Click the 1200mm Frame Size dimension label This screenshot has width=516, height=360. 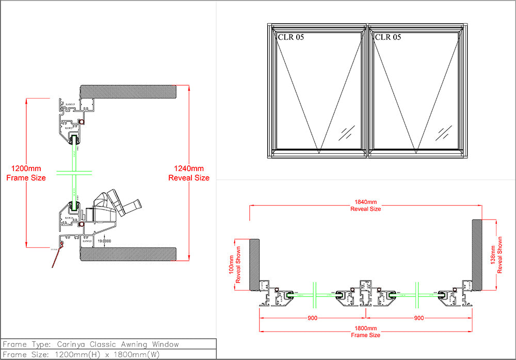[26, 173]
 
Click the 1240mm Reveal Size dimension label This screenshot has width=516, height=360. [189, 173]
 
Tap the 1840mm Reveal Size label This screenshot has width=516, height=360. [365, 206]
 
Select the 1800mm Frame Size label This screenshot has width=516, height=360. [365, 332]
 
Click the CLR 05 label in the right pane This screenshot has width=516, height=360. [388, 37]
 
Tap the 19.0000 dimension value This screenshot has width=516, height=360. [104, 241]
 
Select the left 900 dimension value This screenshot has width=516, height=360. [312, 318]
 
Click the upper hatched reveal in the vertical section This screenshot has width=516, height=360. [129, 92]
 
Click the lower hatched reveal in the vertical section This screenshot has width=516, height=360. [129, 254]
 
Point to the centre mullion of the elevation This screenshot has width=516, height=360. [367, 90]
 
